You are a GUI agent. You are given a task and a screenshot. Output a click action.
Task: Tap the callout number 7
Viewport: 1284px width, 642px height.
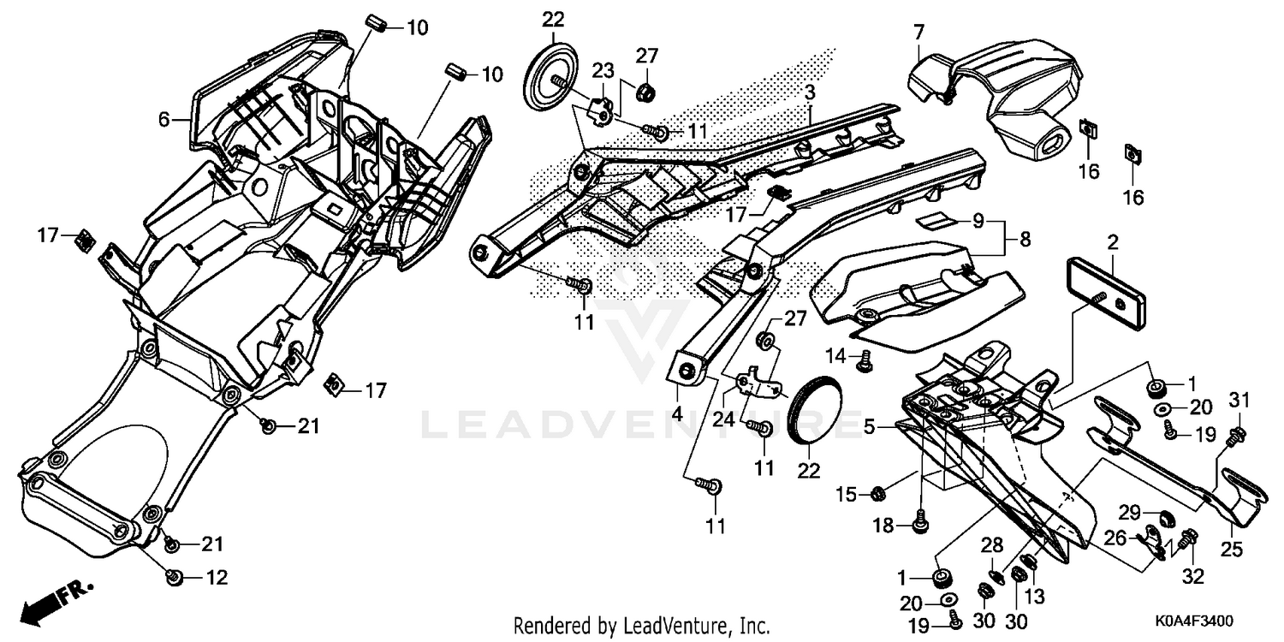click(x=918, y=34)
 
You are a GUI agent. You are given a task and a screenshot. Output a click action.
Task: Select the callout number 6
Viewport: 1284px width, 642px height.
click(x=164, y=122)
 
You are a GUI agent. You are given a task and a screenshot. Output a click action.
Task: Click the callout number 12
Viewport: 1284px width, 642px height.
click(x=217, y=578)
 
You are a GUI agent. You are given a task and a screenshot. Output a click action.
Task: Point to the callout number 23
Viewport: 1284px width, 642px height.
click(x=603, y=70)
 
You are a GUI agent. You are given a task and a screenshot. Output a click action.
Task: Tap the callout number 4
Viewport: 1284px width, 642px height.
click(x=677, y=413)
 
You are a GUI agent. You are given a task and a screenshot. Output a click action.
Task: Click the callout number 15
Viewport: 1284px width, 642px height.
click(x=846, y=494)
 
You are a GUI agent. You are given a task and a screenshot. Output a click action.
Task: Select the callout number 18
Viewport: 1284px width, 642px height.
click(x=883, y=525)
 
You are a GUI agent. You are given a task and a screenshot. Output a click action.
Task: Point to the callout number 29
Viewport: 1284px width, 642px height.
click(x=1130, y=513)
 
